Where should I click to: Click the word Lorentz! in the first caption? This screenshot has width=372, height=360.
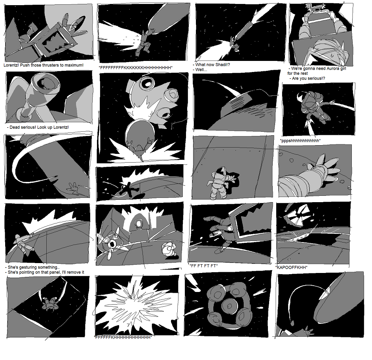(x=11, y=65)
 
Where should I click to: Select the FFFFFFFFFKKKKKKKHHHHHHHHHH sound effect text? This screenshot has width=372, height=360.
(x=136, y=68)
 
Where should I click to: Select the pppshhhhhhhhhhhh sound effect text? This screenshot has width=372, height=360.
(x=300, y=140)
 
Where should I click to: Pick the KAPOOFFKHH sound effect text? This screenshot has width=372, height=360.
(x=292, y=267)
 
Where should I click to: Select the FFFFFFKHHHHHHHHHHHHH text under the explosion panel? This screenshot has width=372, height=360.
(x=123, y=337)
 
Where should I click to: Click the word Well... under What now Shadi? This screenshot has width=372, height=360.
(x=201, y=70)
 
